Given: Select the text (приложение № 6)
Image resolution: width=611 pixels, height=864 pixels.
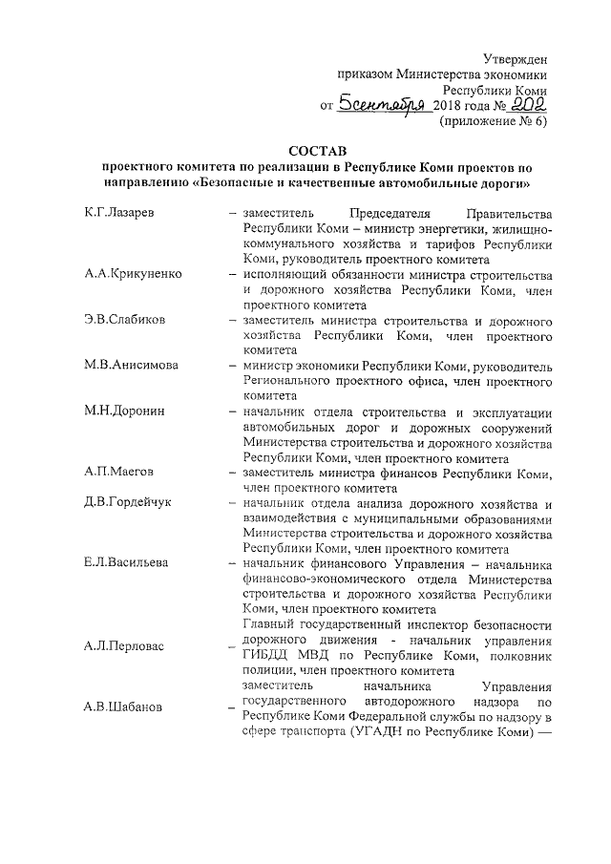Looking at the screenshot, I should (x=493, y=122).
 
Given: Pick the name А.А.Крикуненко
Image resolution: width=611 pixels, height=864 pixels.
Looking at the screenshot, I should (x=132, y=274).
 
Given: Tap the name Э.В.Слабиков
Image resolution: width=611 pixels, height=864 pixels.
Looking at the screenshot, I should (x=125, y=319).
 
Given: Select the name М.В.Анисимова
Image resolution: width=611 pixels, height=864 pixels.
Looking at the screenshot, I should (x=131, y=365).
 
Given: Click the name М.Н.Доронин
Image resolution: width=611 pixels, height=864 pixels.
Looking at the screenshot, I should (x=124, y=411).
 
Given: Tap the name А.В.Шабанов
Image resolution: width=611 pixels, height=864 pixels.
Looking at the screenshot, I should (x=123, y=707).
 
